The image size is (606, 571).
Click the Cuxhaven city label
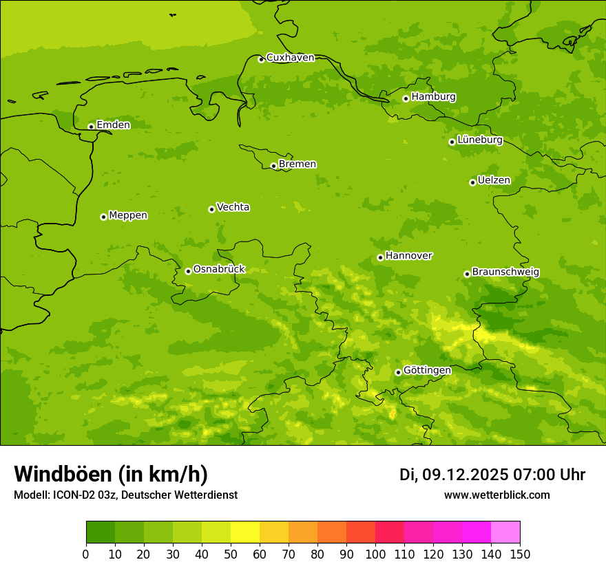[290, 57]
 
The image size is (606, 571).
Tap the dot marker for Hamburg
[406, 98]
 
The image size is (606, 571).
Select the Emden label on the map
[113, 125]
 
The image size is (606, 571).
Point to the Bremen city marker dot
[273, 166]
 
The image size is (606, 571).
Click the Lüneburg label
[479, 140]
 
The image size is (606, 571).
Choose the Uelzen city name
[494, 180]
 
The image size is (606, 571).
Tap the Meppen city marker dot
[103, 217]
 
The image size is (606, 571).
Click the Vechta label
[233, 207]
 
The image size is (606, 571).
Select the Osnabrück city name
[219, 269]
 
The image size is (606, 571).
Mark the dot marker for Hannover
[380, 257]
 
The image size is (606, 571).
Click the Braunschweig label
[505, 272]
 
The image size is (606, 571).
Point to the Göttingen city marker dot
[398, 372]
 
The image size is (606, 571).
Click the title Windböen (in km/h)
[110, 474]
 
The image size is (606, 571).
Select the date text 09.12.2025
[465, 475]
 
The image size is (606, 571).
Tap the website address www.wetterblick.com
[497, 495]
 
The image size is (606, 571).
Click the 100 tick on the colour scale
[375, 553]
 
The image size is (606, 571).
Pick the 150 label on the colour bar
[520, 553]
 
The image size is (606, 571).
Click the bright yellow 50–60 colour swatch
[245, 532]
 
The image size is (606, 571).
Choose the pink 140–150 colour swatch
[505, 532]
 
